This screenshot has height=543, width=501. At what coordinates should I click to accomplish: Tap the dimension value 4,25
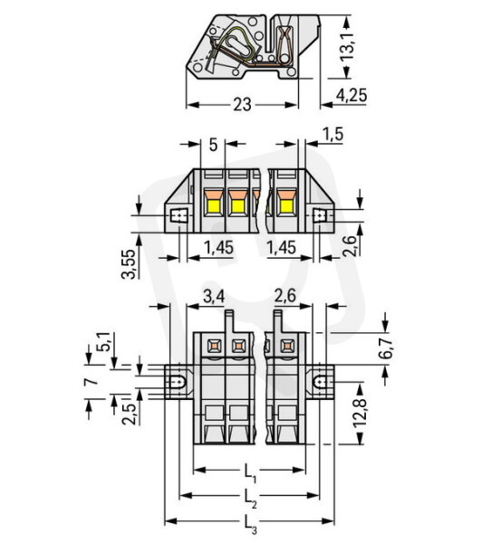click(352, 95)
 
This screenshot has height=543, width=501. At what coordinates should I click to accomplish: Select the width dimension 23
click(242, 105)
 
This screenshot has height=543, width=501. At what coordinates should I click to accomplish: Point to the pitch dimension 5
click(213, 145)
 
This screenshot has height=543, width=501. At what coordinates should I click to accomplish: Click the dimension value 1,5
click(332, 134)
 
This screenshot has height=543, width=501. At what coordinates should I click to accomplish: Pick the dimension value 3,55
click(129, 263)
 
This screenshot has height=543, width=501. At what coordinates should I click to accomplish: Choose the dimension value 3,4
click(214, 297)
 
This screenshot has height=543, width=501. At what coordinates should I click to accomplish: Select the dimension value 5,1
click(103, 342)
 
